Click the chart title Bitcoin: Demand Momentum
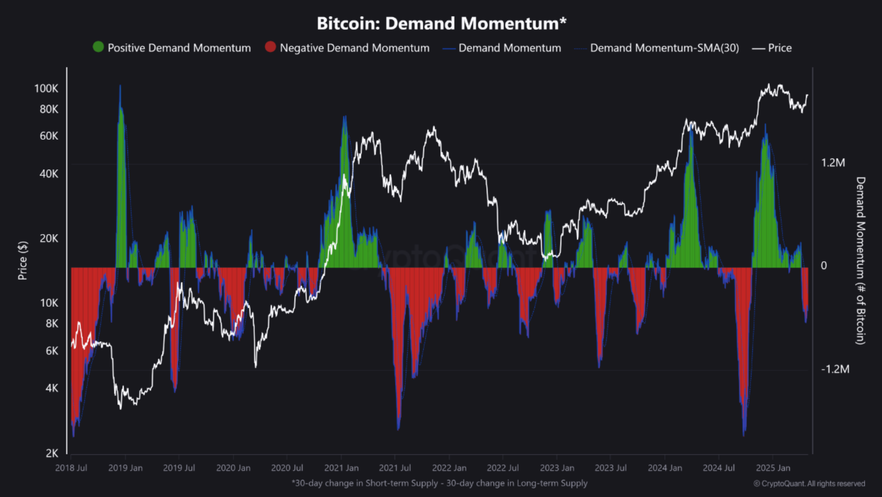tap(441, 24)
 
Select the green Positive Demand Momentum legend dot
tap(98, 47)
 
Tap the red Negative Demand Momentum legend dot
tap(270, 47)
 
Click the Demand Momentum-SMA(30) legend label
tap(664, 48)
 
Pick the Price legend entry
tap(779, 48)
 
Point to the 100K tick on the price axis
tap(46, 89)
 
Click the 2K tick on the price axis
tap(52, 453)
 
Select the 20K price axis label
tap(49, 239)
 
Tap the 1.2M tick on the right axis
tap(833, 163)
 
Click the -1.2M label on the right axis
tap(835, 369)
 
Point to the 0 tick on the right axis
tap(824, 266)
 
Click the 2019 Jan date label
tap(125, 468)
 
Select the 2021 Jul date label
tap(395, 468)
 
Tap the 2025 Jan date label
tap(773, 468)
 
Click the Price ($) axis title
tap(23, 260)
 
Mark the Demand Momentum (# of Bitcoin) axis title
tap(860, 260)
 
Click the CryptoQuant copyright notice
tap(809, 484)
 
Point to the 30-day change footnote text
tap(439, 483)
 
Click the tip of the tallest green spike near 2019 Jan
tap(120, 86)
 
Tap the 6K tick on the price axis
tap(52, 351)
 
